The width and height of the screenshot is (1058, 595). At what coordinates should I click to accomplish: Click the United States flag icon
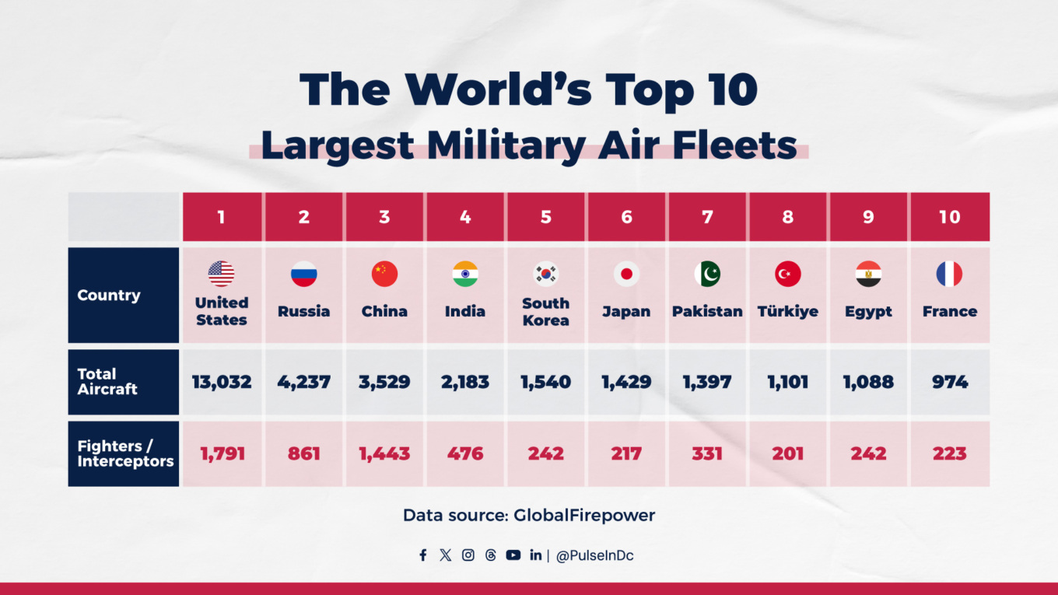point(221,274)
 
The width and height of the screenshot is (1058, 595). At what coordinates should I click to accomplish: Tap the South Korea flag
point(545,274)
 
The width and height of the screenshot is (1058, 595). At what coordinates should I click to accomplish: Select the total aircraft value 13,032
point(222,382)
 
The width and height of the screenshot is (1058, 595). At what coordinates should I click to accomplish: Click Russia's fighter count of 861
point(303,453)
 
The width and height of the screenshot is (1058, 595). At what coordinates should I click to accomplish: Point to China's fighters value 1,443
point(384,453)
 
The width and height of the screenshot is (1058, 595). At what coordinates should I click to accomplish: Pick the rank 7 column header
point(707,217)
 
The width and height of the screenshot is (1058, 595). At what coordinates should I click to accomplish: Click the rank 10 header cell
point(949,217)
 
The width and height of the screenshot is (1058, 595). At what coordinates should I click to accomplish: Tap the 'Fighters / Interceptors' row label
point(124,453)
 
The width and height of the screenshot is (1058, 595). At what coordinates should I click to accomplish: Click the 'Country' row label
point(109,296)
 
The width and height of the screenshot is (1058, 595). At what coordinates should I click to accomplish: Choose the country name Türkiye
point(787,311)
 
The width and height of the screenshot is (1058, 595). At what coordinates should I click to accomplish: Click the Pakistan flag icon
point(707,274)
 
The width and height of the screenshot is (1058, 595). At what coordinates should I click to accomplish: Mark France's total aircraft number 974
point(949,382)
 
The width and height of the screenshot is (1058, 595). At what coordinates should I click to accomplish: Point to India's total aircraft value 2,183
point(465,382)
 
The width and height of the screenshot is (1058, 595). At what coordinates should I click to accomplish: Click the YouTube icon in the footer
point(513,555)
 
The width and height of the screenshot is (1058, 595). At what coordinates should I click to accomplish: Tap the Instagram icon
point(468,555)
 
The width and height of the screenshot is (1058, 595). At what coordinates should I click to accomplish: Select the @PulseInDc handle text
point(594,556)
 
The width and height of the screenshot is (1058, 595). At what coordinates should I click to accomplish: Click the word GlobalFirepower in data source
point(584,515)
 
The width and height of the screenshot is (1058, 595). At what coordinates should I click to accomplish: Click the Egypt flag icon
point(868,274)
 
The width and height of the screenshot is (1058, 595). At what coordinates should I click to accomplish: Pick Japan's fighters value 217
point(626,453)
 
